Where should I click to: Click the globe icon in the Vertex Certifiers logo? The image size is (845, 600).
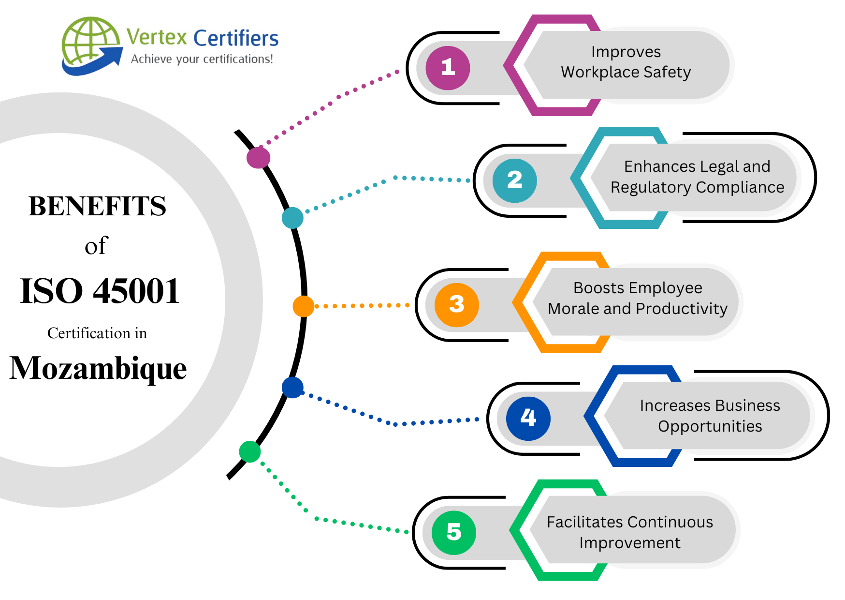pyautogui.click(x=90, y=43)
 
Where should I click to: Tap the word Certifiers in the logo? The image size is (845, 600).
pyautogui.click(x=236, y=38)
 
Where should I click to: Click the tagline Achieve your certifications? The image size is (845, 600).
pyautogui.click(x=202, y=59)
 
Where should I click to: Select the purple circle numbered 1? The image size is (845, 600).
pyautogui.click(x=448, y=68)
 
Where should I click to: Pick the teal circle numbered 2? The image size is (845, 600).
pyautogui.click(x=514, y=180)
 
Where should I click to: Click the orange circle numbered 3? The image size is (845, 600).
pyautogui.click(x=456, y=305)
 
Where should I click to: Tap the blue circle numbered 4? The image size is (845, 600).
pyautogui.click(x=528, y=418)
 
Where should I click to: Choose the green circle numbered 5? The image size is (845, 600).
pyautogui.click(x=453, y=532)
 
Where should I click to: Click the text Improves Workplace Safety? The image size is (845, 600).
pyautogui.click(x=626, y=62)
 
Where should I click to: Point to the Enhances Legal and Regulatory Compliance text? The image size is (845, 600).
pyautogui.click(x=697, y=177)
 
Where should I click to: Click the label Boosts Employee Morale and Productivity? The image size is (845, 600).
pyautogui.click(x=637, y=298)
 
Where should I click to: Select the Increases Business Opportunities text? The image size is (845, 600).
pyautogui.click(x=710, y=415)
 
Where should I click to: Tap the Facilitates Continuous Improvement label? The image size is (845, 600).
pyautogui.click(x=629, y=532)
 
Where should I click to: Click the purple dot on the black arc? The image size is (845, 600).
pyautogui.click(x=258, y=158)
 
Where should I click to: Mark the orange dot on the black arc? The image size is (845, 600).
pyautogui.click(x=304, y=306)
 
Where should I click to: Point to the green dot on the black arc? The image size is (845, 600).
pyautogui.click(x=250, y=451)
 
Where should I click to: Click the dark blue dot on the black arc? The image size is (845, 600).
pyautogui.click(x=292, y=388)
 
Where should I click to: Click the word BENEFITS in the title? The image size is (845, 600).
pyautogui.click(x=97, y=207)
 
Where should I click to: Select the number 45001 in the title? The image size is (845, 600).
pyautogui.click(x=136, y=291)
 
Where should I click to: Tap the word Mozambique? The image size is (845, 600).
pyautogui.click(x=98, y=369)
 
